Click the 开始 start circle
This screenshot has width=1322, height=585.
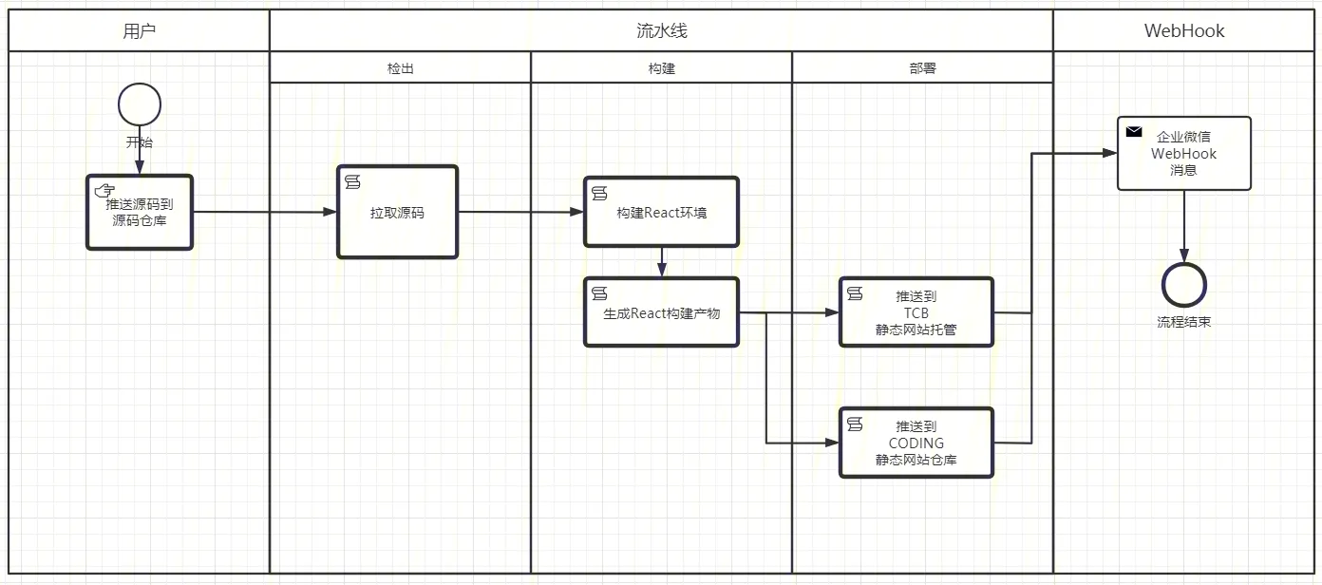click(x=140, y=104)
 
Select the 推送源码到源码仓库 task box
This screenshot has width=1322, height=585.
click(x=140, y=213)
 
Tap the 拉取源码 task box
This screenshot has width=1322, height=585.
click(x=397, y=213)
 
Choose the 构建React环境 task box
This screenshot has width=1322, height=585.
click(x=661, y=213)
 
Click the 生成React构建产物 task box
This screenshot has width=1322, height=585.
click(x=661, y=312)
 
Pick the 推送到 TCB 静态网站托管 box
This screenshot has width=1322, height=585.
click(x=916, y=312)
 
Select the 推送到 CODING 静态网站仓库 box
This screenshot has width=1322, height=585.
click(x=916, y=443)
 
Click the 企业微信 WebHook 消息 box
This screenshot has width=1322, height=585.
click(x=1183, y=154)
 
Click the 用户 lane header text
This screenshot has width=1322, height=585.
click(x=140, y=30)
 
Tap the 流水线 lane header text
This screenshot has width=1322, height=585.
click(x=661, y=30)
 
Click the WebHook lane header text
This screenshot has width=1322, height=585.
click(x=1183, y=30)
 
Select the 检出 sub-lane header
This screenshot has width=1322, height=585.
click(x=400, y=68)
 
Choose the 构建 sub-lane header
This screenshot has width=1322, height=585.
click(x=661, y=68)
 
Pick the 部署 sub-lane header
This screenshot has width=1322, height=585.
click(x=922, y=68)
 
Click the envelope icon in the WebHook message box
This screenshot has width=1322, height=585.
click(x=1134, y=132)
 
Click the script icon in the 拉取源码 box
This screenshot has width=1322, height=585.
click(x=351, y=180)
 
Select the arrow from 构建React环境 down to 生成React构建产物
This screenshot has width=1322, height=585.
click(x=662, y=262)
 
